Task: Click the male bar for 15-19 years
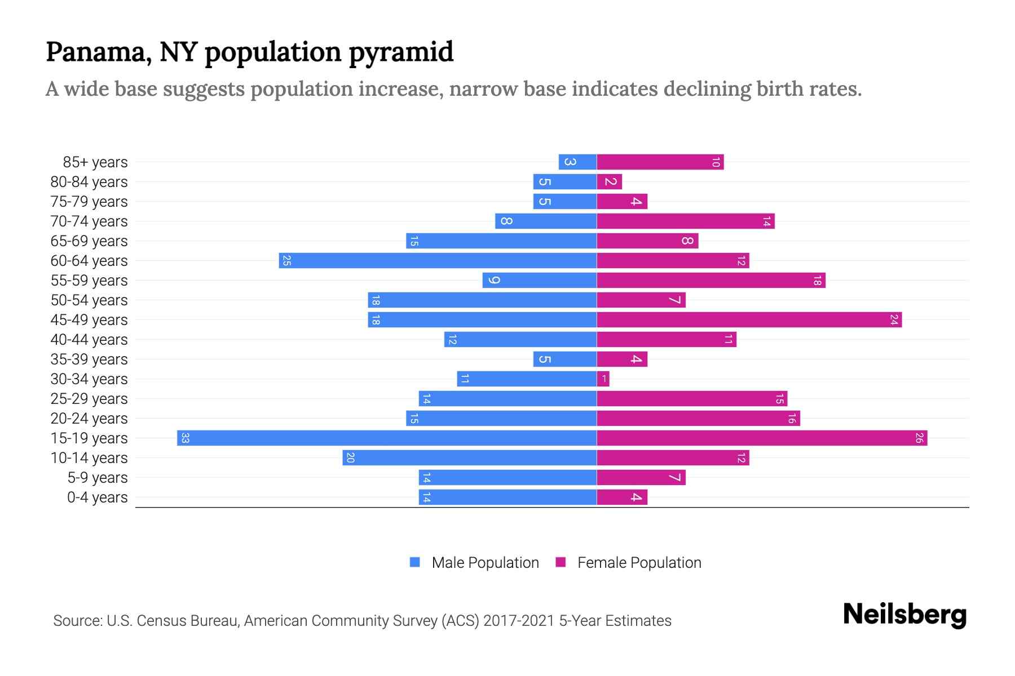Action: (387, 438)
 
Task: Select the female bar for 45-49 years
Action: (749, 320)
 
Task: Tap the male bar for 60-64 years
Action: (438, 261)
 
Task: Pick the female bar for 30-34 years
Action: (603, 379)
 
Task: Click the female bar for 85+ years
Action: (660, 162)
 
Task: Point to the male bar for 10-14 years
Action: (469, 458)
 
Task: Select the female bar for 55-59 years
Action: (710, 281)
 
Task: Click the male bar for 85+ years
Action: (577, 162)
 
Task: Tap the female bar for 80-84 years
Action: (610, 182)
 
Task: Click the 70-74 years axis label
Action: (89, 221)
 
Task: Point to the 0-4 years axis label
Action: (97, 497)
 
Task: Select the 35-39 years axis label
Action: (89, 359)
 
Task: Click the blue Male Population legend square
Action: (415, 562)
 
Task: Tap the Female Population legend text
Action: (639, 563)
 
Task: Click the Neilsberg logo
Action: (904, 615)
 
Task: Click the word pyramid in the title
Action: (401, 52)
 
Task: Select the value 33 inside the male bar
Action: (185, 438)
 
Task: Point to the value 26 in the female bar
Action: (919, 438)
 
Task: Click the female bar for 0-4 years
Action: (622, 497)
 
